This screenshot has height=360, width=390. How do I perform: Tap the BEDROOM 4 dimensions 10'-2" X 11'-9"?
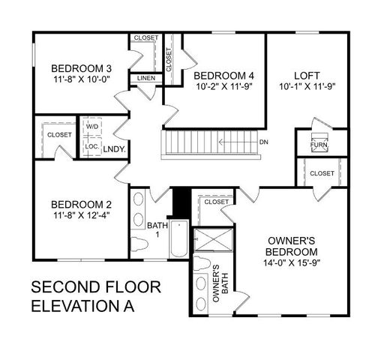coord(224,86)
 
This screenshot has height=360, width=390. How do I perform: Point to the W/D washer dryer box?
coord(92,126)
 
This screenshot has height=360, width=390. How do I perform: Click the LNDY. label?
coord(114,148)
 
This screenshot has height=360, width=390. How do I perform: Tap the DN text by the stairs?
coord(264,141)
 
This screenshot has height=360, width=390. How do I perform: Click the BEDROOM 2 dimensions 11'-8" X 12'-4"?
coord(81,217)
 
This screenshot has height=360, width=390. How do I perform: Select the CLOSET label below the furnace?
coord(322,173)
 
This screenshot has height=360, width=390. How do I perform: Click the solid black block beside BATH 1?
coord(180,201)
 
